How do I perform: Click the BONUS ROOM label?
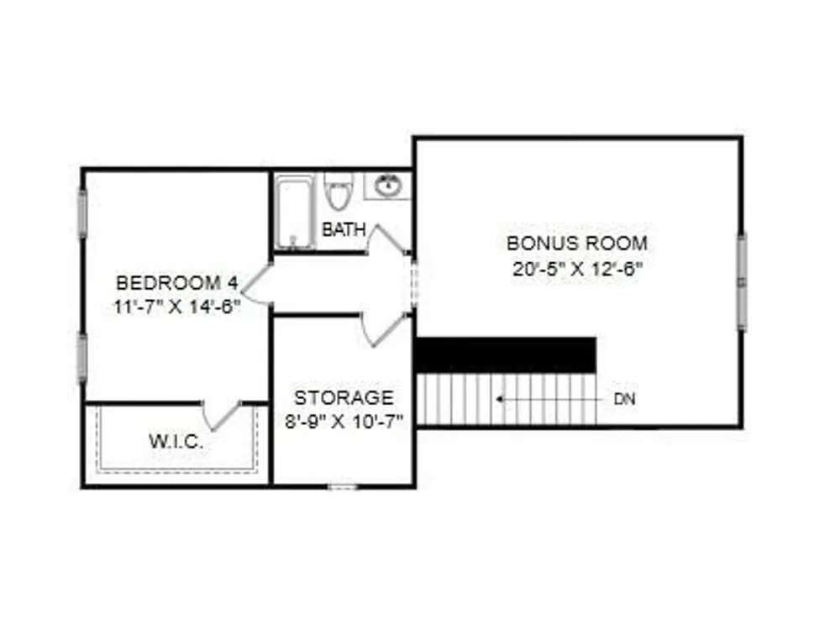click(577, 244)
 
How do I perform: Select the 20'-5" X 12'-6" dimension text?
click(577, 269)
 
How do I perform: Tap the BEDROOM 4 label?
click(176, 282)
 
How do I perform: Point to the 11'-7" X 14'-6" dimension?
click(176, 307)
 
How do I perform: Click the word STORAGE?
click(344, 397)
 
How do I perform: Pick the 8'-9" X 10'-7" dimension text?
click(344, 422)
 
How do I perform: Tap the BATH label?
click(344, 230)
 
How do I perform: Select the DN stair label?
click(624, 399)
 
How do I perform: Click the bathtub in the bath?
click(294, 213)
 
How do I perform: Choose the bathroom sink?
click(388, 186)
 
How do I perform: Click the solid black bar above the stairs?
click(506, 354)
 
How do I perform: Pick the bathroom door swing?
click(386, 239)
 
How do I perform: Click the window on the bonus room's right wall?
click(742, 281)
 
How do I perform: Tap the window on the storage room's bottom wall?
click(343, 486)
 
